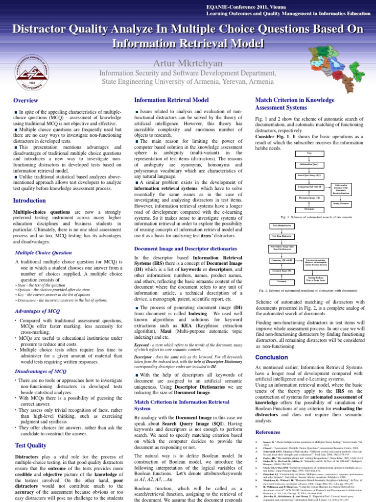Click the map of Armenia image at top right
[348, 69]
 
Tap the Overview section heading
[25, 101]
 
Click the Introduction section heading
[29, 201]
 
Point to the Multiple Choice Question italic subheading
[44, 252]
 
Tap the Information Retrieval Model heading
[171, 100]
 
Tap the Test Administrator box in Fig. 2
[282, 225]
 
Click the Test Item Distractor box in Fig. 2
[282, 236]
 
